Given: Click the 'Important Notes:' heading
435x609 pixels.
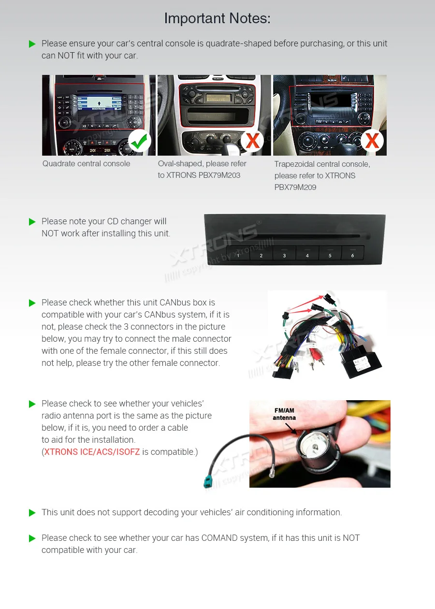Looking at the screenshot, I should (x=217, y=18).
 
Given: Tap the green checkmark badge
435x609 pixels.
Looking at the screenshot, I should (x=140, y=141).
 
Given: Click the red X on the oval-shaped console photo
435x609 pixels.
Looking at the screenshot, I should (x=252, y=141).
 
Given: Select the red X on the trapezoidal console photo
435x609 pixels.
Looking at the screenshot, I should (x=372, y=141).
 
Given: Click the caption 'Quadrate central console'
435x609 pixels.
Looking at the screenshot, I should (x=86, y=163).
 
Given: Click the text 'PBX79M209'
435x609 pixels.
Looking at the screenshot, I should (x=296, y=188).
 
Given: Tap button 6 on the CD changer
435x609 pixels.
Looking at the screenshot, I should (x=353, y=255).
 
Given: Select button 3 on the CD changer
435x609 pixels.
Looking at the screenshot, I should (x=284, y=255).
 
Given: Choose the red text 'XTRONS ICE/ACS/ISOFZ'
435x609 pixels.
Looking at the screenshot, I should (x=92, y=452).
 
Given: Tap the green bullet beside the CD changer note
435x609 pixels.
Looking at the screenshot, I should (x=32, y=222).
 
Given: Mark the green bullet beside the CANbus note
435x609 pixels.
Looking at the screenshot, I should (x=32, y=303).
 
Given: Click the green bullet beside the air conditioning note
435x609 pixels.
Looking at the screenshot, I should (x=32, y=513).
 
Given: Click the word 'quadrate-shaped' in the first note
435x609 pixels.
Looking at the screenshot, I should (x=238, y=43).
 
